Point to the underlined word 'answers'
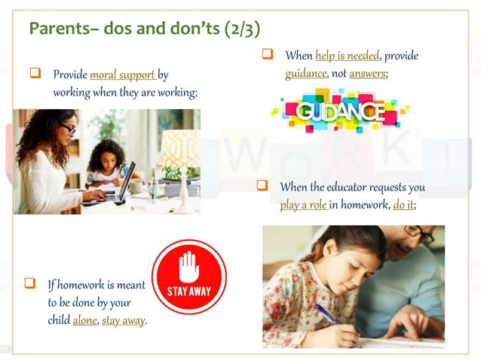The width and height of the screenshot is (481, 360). coord(366,74)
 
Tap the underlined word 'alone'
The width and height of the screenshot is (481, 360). coord(84,320)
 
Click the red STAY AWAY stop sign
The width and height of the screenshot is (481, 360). coord(189,276)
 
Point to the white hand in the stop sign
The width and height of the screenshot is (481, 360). coord(189,265)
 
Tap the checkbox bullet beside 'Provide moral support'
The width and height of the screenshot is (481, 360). coord(34,74)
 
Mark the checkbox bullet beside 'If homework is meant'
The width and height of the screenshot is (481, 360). coord(31,284)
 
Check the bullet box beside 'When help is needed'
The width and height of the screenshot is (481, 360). coord(267,54)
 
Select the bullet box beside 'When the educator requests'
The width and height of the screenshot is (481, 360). coord(262,185)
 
